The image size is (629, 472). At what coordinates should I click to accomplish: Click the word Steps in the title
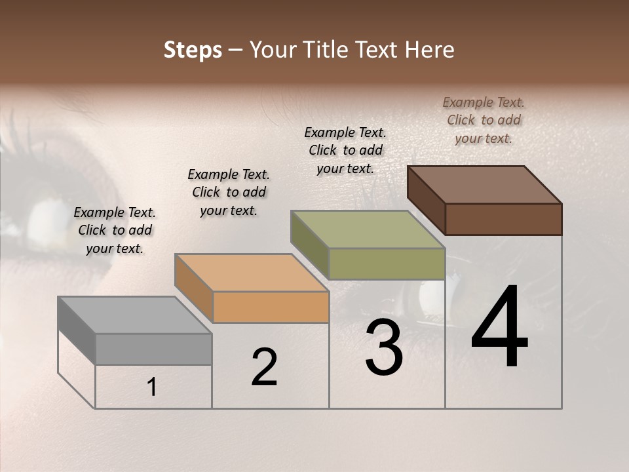[x=193, y=50]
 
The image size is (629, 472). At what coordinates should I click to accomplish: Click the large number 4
[x=499, y=328]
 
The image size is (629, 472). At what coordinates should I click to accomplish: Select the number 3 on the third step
[x=384, y=347]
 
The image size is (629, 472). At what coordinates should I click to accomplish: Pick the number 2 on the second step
[x=264, y=367]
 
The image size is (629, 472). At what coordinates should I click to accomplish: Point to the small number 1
[x=152, y=387]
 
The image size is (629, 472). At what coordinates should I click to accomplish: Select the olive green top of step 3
[x=368, y=229]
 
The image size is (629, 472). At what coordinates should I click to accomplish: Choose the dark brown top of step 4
[x=484, y=185]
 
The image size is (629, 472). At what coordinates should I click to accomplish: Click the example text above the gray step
[x=115, y=230]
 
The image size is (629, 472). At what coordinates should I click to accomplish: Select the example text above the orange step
[x=229, y=192]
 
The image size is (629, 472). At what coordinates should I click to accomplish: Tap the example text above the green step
[x=345, y=150]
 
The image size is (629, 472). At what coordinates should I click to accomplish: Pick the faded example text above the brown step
[x=484, y=120]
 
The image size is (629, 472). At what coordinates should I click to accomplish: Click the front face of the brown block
[x=503, y=219]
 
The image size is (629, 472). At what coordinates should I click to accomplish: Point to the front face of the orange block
[x=271, y=307]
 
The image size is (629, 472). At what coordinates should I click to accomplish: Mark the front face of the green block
[x=387, y=264]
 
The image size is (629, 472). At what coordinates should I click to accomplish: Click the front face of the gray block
[x=153, y=349]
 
